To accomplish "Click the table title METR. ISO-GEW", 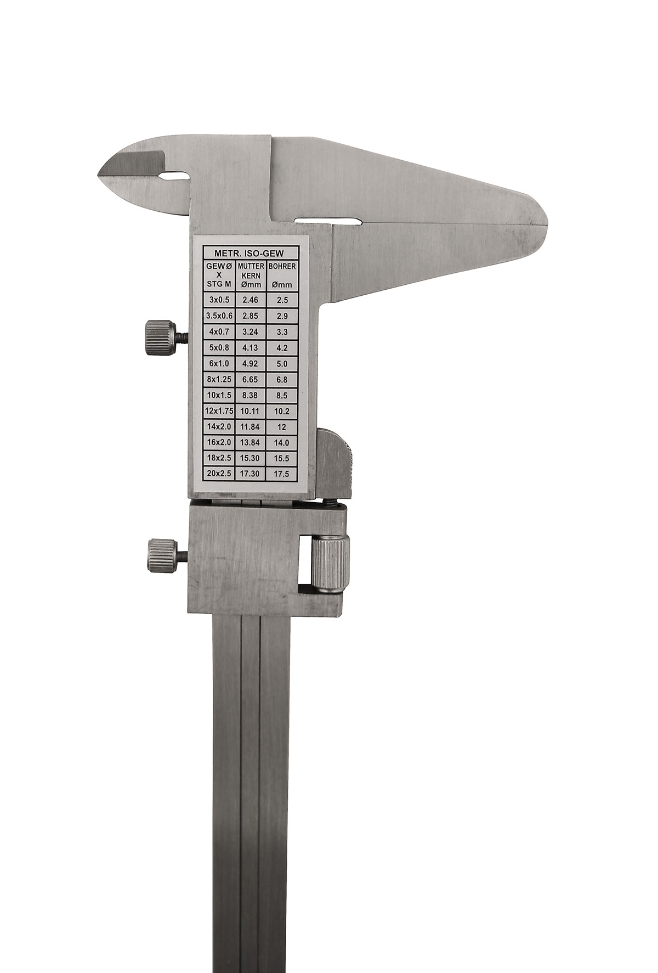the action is click(251, 253).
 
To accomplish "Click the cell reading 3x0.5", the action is click(219, 299).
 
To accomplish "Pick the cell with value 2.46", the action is click(250, 300).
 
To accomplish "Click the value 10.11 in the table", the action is click(250, 410).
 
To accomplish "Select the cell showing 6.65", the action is click(250, 379).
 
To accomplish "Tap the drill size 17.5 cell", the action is click(282, 474).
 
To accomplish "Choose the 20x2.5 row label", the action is click(219, 474).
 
